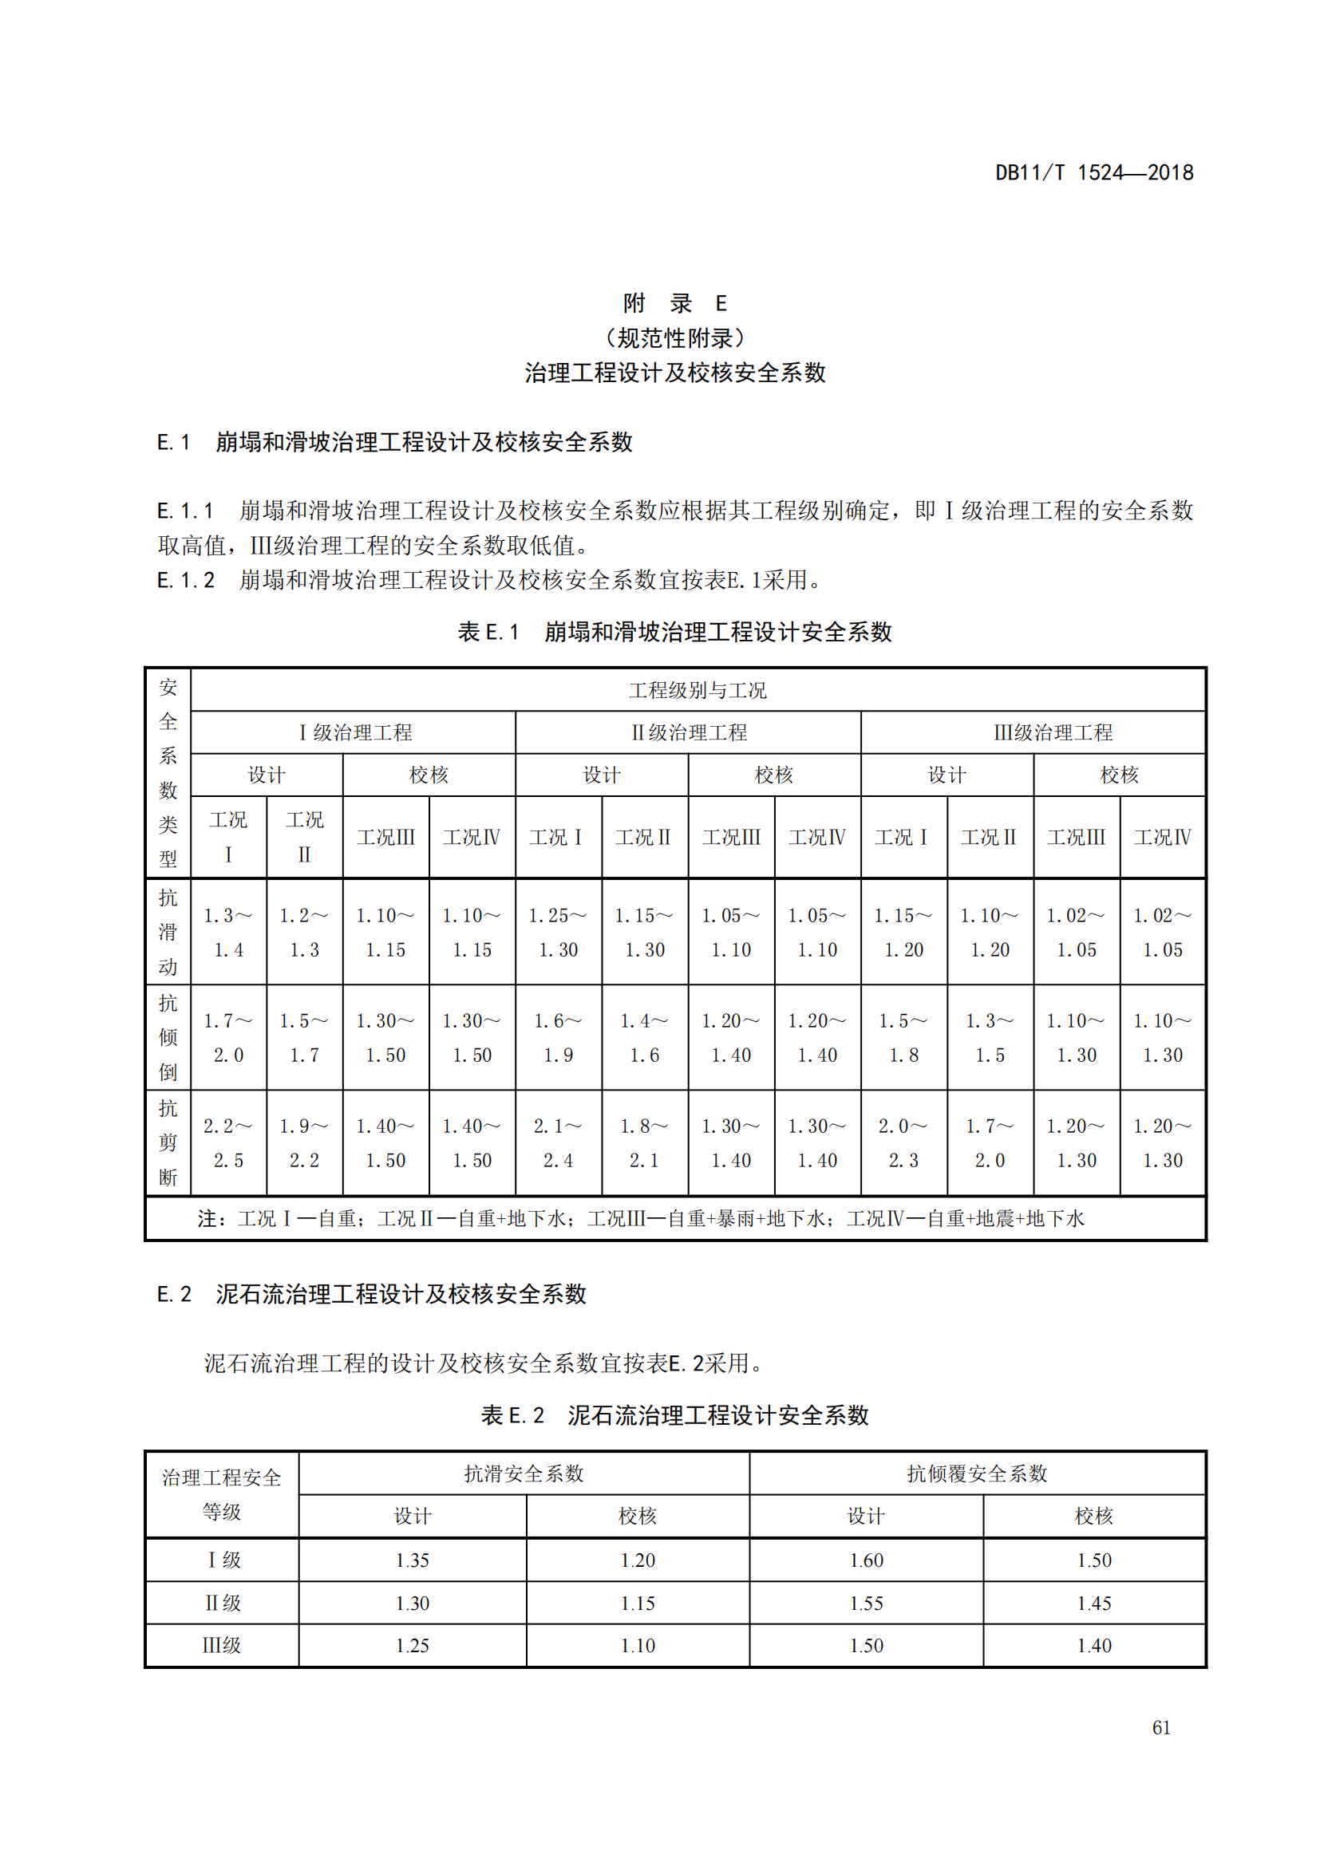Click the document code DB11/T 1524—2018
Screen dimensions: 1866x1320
[x=1093, y=172]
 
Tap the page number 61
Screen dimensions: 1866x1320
[x=1161, y=1728]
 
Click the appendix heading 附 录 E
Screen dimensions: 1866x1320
[x=674, y=303]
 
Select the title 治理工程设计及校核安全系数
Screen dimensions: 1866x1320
[x=674, y=373]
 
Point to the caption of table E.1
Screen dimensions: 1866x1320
[x=674, y=632]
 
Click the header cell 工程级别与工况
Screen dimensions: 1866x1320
[x=698, y=690]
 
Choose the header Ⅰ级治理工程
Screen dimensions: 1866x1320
[x=354, y=732]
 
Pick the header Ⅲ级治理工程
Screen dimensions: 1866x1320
[x=1053, y=732]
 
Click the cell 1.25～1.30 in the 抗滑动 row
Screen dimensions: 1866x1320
[x=559, y=932]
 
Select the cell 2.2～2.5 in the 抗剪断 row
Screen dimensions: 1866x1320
[x=228, y=1142]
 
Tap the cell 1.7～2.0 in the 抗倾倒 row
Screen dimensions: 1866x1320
[x=228, y=1038]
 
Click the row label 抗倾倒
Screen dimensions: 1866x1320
[x=168, y=1038]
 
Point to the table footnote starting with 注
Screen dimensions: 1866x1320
[x=641, y=1218]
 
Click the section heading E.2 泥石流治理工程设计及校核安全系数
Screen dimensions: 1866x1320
[x=371, y=1294]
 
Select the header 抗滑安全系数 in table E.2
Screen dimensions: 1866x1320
[x=524, y=1473]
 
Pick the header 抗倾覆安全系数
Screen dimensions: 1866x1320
[x=977, y=1473]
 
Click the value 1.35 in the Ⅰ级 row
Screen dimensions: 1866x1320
[x=412, y=1560]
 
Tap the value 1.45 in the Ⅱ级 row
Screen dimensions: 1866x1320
[x=1094, y=1604]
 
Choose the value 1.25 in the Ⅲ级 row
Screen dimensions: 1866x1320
[x=412, y=1646]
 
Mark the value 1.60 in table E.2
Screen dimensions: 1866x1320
[x=867, y=1560]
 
